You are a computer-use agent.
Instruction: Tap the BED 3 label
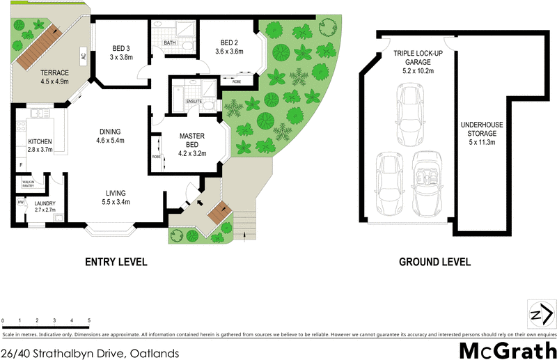point(123,48)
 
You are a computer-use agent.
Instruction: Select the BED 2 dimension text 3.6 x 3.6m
point(230,51)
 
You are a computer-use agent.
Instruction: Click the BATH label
point(170,43)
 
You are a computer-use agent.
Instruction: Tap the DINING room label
point(110,132)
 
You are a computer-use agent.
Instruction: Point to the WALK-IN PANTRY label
point(28,184)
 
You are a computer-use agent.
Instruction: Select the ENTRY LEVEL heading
point(116,263)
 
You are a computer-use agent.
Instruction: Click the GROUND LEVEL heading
point(434,263)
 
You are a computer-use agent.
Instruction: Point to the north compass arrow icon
point(539,315)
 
